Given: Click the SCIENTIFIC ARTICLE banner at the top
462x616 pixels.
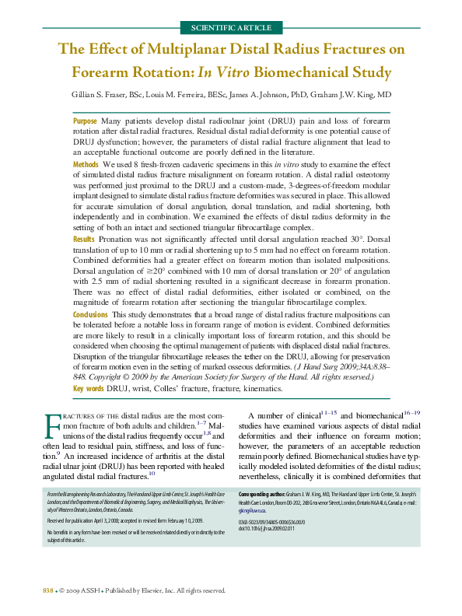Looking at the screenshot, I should point(231,28).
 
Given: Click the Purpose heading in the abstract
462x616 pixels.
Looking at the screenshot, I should point(85,121).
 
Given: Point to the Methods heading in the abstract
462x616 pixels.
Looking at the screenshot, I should point(86,165).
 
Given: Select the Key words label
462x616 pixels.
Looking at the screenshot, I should point(89,388).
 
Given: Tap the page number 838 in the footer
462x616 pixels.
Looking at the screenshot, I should point(47,591).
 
